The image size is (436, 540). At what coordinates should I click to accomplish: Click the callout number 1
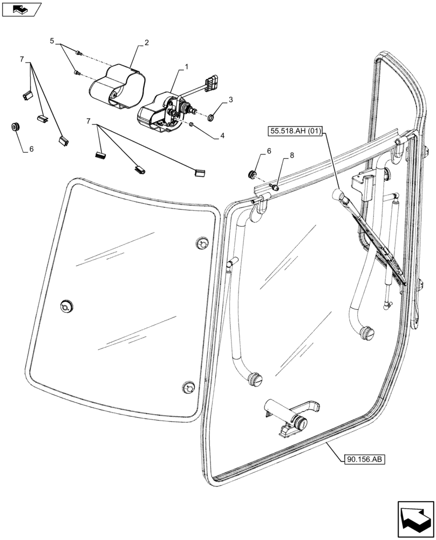point(187,66)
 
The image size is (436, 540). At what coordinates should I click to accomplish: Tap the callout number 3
point(230,100)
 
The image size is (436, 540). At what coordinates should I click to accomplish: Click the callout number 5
point(52,40)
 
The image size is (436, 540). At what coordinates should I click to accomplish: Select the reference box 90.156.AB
point(363,460)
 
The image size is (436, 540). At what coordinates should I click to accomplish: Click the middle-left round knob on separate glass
point(67,305)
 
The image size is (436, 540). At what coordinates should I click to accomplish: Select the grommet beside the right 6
point(251,174)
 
